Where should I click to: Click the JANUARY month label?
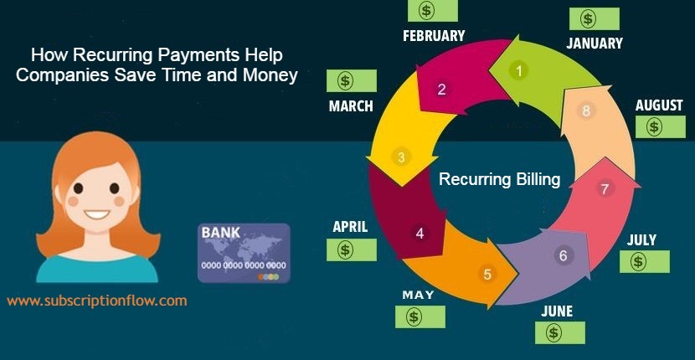[595, 43]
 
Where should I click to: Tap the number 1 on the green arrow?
[519, 70]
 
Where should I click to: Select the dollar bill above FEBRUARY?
[433, 11]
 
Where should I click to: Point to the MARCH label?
[351, 106]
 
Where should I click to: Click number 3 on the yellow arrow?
[401, 157]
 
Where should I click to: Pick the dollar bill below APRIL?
[352, 249]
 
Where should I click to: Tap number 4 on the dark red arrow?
[420, 234]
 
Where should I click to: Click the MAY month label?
[418, 295]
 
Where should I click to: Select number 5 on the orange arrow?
[487, 275]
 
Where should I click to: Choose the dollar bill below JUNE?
[560, 332]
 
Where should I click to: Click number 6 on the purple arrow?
[563, 256]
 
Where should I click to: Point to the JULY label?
[641, 239]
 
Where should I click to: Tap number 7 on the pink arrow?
[604, 189]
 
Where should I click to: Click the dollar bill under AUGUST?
[661, 126]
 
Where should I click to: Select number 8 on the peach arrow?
[586, 111]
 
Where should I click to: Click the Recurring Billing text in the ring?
[500, 179]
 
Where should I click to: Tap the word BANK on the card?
[221, 233]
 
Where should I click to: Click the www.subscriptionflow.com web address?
[97, 301]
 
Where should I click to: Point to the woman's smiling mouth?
[97, 214]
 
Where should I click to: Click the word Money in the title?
[270, 75]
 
